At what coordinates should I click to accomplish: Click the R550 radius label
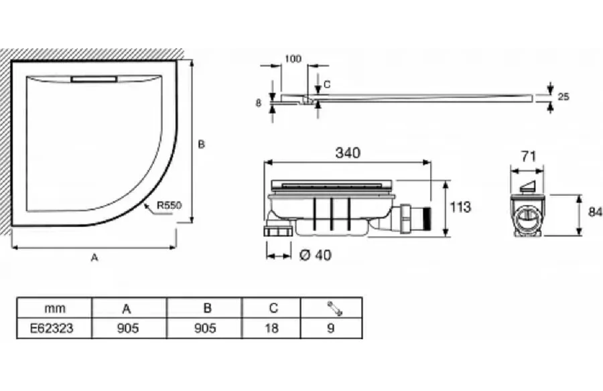(x=168, y=206)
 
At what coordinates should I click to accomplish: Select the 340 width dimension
(x=348, y=153)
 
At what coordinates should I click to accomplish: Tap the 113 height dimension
(x=460, y=208)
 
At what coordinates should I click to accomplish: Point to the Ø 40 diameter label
(x=315, y=255)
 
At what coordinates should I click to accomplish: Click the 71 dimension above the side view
(x=529, y=157)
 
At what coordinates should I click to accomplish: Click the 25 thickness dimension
(x=563, y=96)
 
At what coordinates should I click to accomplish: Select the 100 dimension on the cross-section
(x=293, y=59)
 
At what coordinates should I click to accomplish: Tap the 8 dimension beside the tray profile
(x=259, y=103)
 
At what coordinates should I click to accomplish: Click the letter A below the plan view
(x=94, y=258)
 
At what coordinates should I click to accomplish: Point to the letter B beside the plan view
(x=201, y=144)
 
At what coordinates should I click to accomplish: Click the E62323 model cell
(x=52, y=328)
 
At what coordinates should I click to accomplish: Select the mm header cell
(x=55, y=308)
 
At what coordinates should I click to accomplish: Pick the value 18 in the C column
(x=271, y=328)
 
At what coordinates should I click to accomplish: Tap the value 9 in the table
(x=331, y=328)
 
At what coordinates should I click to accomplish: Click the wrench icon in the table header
(x=334, y=309)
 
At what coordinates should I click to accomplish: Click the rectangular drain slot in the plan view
(x=94, y=79)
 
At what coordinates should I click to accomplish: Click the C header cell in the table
(x=273, y=308)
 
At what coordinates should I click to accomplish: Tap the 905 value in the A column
(x=128, y=328)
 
